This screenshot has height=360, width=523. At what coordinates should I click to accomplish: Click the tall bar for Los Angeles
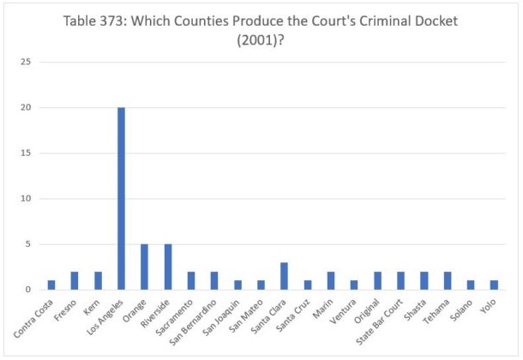click(x=121, y=198)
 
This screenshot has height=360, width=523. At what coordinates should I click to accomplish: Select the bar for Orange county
click(x=144, y=267)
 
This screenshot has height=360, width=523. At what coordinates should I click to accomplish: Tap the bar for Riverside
click(x=167, y=267)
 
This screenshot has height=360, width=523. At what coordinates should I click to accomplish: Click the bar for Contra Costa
click(x=51, y=285)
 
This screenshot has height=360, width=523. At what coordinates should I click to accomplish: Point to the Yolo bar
click(x=493, y=285)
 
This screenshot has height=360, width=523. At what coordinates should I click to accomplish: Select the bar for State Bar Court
click(x=400, y=280)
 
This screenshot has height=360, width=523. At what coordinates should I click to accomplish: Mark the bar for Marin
click(x=330, y=280)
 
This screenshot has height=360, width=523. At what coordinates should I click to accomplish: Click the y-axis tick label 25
click(x=27, y=63)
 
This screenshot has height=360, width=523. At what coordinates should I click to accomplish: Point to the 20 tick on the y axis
click(x=27, y=108)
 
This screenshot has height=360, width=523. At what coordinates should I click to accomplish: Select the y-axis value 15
click(x=27, y=153)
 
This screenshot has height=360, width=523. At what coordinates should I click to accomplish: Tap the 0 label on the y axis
click(x=29, y=290)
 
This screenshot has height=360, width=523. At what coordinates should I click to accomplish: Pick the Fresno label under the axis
click(x=66, y=307)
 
